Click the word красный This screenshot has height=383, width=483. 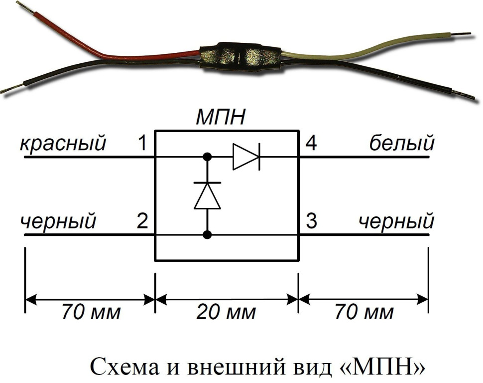coord(63,144)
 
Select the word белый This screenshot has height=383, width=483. coord(402,144)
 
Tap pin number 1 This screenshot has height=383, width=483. coord(142,144)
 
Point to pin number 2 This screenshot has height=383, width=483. coord(142,221)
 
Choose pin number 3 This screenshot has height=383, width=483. coord(311,221)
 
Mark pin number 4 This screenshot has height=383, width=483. coord(311,144)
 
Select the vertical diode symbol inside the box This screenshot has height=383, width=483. coord(207,195)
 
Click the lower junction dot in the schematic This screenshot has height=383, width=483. coord(207,234)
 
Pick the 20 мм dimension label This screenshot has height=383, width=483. coord(226,313)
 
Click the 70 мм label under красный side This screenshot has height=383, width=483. coord(91,313)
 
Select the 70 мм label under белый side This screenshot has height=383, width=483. coord(364,313)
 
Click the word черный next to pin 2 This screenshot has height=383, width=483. coord(58,221)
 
